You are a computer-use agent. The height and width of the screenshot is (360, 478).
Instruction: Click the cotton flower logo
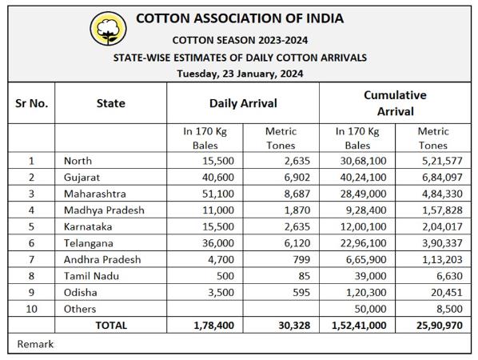coord(108,29)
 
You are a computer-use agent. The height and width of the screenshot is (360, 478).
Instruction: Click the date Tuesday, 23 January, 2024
coord(240,74)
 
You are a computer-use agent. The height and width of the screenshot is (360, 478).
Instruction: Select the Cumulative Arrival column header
coord(395,103)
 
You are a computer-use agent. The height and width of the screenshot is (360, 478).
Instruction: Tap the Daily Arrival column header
coord(243,103)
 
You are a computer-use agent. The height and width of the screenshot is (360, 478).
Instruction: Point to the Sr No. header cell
coord(31,103)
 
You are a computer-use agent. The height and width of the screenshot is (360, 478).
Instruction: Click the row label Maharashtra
coord(95,194)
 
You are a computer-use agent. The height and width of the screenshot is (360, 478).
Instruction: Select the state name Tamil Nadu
coord(91,276)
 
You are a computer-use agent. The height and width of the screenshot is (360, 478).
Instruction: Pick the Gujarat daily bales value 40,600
coord(218,178)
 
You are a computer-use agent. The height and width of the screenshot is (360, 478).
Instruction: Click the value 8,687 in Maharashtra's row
coord(297,194)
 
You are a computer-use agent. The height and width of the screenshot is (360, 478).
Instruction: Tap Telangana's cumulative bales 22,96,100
coord(364,243)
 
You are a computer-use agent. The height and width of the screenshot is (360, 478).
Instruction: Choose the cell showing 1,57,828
coord(442,210)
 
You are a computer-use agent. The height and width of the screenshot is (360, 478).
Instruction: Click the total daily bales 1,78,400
coord(214,326)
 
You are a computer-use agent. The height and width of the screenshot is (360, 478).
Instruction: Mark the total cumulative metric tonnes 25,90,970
coord(440,326)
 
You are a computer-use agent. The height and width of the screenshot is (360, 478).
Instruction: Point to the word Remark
coord(35,344)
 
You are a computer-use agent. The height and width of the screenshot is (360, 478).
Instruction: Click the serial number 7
coord(31,260)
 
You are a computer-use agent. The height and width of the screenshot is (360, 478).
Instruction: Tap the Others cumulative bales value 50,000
coord(370,309)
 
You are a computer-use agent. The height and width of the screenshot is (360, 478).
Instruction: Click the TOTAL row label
coord(111,326)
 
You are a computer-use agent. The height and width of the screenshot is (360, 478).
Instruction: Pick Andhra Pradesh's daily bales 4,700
coord(221,260)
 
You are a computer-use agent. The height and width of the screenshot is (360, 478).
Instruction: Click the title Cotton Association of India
coord(240,18)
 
